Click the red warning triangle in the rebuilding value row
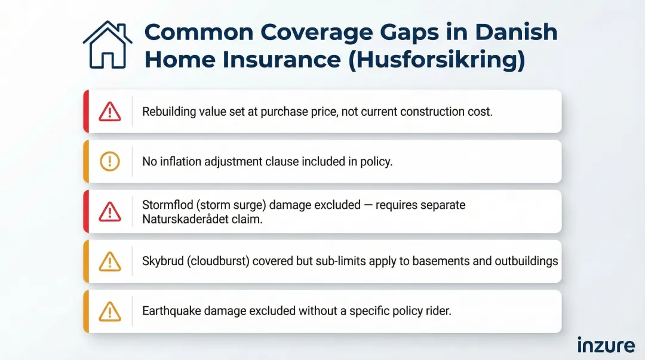[x=109, y=112]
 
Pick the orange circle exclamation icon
[x=109, y=161]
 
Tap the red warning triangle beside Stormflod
[x=109, y=211]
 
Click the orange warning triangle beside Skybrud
[x=109, y=261]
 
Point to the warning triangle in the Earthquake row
[x=109, y=311]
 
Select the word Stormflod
[x=164, y=205]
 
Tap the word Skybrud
[x=161, y=261]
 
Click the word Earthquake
[x=170, y=311]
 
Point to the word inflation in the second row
[x=179, y=161]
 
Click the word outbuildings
[x=526, y=261]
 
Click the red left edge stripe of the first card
[x=86, y=112]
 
